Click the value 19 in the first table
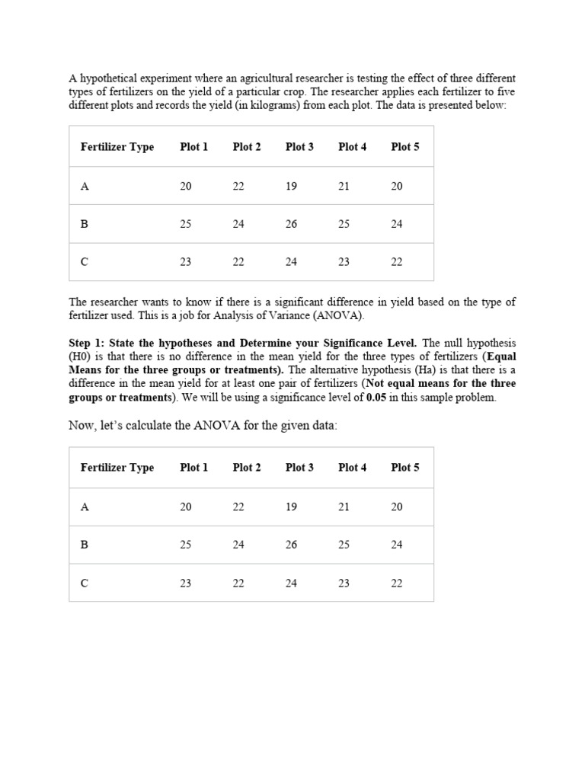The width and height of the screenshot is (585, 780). click(291, 186)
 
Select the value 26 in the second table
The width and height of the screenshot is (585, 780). click(291, 545)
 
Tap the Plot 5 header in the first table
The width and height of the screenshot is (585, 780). click(404, 147)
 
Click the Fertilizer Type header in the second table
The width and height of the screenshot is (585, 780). click(117, 468)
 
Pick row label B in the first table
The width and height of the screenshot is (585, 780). click(85, 224)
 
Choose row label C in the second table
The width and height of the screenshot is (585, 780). click(85, 583)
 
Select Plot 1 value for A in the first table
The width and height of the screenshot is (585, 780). click(186, 186)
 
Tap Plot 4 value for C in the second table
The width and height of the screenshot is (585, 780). click(344, 583)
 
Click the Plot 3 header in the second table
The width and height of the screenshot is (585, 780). click(299, 468)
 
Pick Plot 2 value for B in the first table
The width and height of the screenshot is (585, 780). click(238, 224)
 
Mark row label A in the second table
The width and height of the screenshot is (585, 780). click(85, 507)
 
